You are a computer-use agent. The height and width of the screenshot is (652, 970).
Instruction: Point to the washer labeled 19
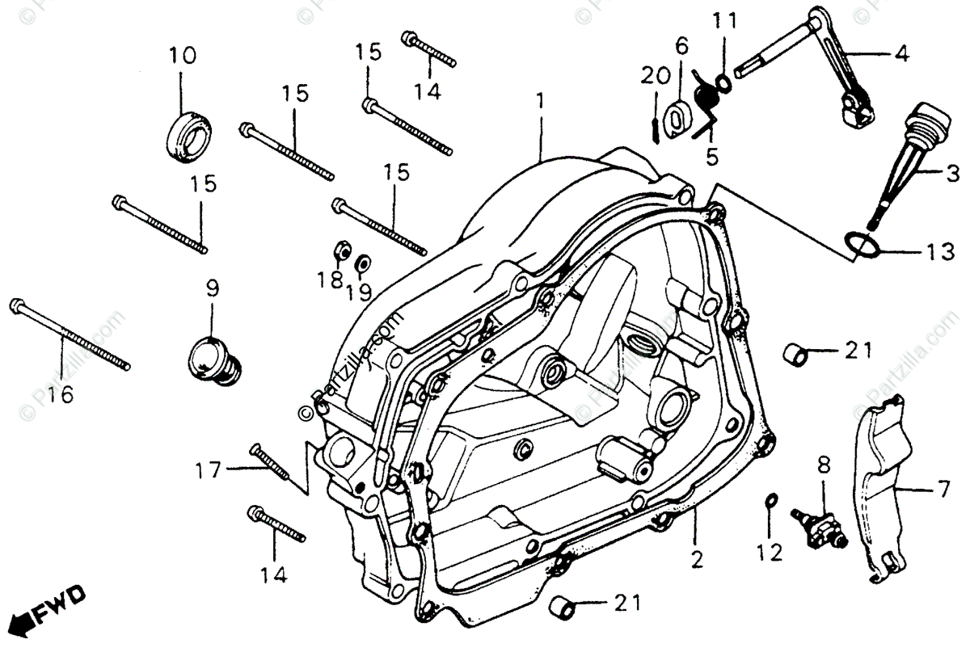coord(364,262)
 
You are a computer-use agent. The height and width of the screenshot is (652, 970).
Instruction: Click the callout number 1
coord(539,103)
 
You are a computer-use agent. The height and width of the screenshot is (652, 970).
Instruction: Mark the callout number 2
coord(697,557)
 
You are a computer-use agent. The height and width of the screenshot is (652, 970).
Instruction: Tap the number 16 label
coord(60,394)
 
